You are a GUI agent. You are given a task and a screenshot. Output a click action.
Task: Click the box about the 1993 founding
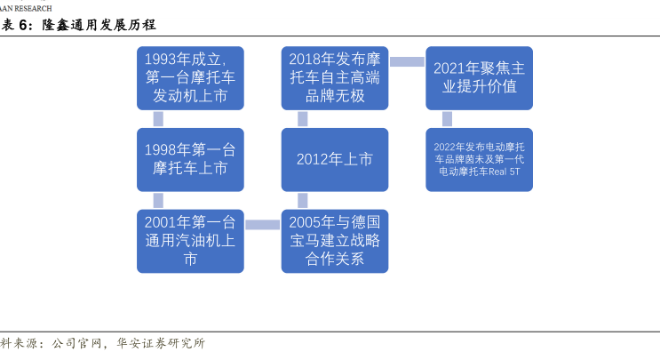click(x=190, y=78)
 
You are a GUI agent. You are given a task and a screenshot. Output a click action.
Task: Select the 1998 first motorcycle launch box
click(x=190, y=160)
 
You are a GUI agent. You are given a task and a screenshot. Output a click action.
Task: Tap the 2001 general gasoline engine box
click(x=190, y=241)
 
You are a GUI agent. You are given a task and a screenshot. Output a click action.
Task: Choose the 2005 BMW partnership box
click(x=335, y=241)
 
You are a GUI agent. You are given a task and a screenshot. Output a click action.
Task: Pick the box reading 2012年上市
click(x=335, y=160)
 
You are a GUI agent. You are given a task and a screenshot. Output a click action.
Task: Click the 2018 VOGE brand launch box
click(x=335, y=78)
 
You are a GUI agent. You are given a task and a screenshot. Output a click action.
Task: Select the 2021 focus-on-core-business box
click(x=479, y=78)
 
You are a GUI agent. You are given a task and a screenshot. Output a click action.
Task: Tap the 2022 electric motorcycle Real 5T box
click(x=479, y=160)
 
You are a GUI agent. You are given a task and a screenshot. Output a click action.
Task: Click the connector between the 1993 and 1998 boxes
click(x=158, y=119)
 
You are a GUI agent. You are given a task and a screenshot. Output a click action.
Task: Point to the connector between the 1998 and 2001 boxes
click(x=158, y=200)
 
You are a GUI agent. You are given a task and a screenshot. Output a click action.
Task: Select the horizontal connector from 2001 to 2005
click(x=263, y=225)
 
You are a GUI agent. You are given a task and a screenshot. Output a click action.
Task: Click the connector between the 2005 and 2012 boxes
click(x=303, y=200)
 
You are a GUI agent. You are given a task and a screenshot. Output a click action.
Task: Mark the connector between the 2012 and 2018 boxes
click(x=303, y=119)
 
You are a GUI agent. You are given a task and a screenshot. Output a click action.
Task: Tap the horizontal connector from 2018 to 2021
click(x=407, y=62)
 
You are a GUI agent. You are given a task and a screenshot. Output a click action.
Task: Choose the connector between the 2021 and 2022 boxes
click(x=447, y=119)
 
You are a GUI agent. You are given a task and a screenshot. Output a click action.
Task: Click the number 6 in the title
click(x=24, y=25)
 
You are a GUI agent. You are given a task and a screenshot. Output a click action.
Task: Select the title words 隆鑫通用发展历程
click(x=99, y=25)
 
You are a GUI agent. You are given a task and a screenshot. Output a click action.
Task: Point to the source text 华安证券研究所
click(x=161, y=343)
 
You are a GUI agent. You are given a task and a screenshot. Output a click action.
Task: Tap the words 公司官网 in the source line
click(x=76, y=343)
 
